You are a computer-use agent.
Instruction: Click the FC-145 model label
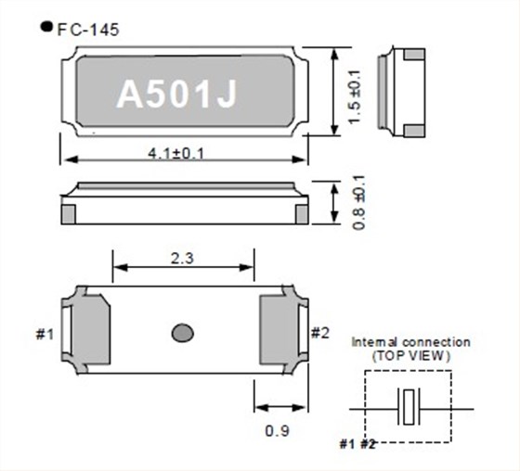coord(88,29)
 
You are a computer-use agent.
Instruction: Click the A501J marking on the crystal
coord(176,95)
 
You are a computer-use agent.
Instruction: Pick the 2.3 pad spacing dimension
coord(183,261)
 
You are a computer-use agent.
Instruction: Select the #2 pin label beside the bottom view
coord(319,333)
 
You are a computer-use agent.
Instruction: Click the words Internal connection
coord(410,342)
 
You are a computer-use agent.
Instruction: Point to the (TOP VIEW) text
coord(411,355)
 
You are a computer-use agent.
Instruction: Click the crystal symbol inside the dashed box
coord(409,407)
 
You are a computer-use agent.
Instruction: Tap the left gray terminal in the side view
coord(68,212)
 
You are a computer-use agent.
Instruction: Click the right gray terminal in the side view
coord(299,212)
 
